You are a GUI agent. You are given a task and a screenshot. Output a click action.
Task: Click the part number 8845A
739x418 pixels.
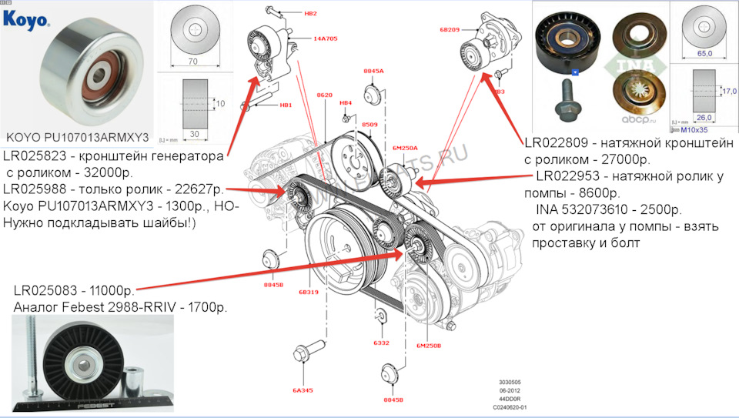click(x=373, y=71)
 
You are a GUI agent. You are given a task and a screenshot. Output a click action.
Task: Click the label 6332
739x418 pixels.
click(x=380, y=343)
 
